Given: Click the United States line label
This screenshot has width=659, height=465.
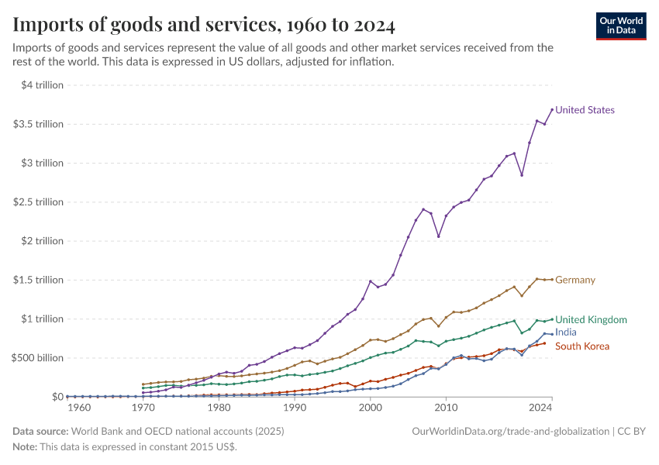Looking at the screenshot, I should click(585, 110).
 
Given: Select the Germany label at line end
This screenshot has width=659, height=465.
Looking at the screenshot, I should click(575, 280).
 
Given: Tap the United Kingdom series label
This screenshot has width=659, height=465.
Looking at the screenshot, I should click(591, 319).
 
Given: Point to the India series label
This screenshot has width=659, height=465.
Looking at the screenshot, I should click(566, 332).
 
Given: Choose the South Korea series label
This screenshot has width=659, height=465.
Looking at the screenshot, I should click(582, 346).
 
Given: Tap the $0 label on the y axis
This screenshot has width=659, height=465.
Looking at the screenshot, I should click(56, 397).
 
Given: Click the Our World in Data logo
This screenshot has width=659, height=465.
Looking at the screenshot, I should click(621, 26).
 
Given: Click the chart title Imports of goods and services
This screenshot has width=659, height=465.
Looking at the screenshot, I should click(204, 26).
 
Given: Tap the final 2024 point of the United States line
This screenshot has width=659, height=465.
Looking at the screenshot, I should click(551, 109).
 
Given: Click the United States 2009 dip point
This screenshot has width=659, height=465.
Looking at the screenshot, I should click(438, 236).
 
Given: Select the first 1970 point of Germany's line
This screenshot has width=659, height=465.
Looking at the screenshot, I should click(143, 384).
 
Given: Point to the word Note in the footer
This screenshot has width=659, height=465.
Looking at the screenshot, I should click(26, 447).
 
